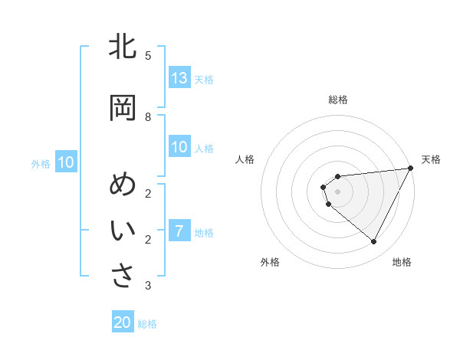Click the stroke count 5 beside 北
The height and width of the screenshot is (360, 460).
148,56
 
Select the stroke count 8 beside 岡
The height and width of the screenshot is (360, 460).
148,117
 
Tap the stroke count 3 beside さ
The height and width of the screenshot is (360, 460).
148,286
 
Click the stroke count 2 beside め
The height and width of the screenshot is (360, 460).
148,193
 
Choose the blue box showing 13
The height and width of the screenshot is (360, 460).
179,78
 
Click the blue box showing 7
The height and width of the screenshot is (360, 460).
179,231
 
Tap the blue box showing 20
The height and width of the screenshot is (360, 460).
123,322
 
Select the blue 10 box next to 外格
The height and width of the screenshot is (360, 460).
66,162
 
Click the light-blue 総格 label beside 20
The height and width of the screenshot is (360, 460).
147,324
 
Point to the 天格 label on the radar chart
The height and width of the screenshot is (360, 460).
431,159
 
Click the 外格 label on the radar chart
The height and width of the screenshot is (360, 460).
270,262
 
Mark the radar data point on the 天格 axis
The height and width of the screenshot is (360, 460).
411,168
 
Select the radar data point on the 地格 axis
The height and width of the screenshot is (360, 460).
374,242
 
